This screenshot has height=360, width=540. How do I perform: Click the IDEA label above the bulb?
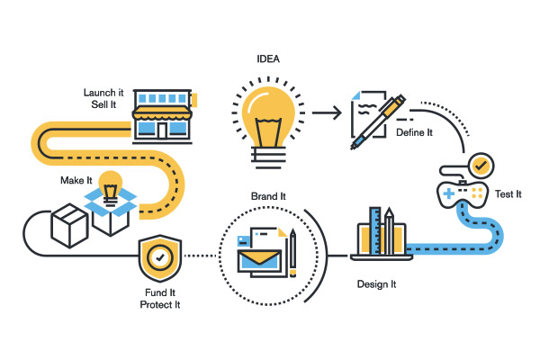tap(268, 58)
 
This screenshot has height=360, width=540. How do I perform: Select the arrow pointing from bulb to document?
tap(327, 112)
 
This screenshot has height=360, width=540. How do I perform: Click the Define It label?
tap(414, 132)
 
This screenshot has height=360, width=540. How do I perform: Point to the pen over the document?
tap(378, 122)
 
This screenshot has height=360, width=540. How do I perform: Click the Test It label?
tap(508, 194)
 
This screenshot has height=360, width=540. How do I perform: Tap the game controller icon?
tap(463, 194)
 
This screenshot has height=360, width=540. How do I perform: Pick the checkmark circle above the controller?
tap(481, 166)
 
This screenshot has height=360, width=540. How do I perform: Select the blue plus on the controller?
tap(449, 193)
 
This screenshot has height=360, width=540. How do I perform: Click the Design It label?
tap(376, 284)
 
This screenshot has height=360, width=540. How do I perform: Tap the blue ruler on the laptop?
tap(375, 230)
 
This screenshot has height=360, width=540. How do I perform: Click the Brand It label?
tap(268, 196)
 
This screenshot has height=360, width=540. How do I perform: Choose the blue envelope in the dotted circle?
tap(259, 261)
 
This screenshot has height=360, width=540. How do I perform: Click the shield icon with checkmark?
tap(160, 258)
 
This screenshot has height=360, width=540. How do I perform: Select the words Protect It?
tap(160, 305)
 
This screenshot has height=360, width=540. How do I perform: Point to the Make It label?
tap(76, 181)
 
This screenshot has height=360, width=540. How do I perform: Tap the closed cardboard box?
tap(69, 225)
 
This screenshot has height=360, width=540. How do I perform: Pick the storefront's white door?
tap(163, 130)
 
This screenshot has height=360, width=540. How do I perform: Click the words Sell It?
tap(103, 104)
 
